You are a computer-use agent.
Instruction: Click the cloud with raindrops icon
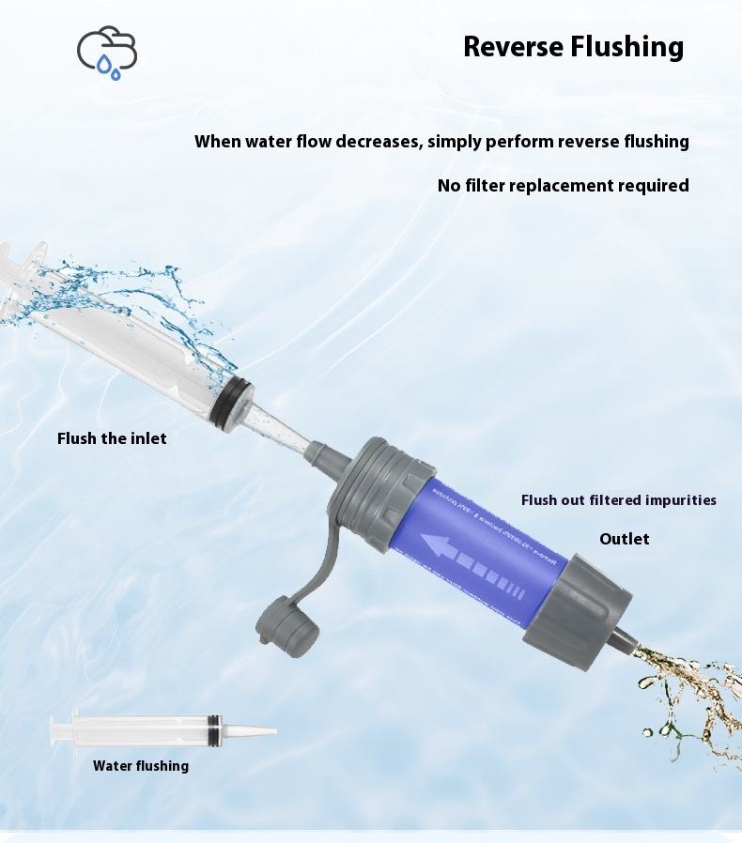[x=106, y=52]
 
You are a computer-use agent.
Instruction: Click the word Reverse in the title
[x=514, y=46]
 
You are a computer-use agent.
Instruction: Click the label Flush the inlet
[x=112, y=438]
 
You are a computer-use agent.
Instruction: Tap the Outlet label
[x=624, y=539]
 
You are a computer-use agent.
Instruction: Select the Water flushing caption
[x=141, y=766]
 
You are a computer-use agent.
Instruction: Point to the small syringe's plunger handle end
[x=54, y=728]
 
